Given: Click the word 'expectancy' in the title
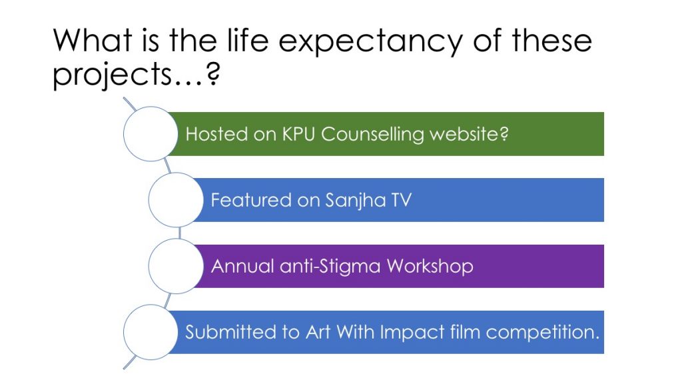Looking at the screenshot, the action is [x=370, y=42].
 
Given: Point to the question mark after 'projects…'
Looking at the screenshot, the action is [x=213, y=74].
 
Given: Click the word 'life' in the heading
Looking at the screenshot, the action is [x=248, y=39].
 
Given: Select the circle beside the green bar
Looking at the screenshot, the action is [x=151, y=133].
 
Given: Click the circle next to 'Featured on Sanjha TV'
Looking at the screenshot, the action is [x=176, y=200].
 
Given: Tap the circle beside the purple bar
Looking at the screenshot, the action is [x=176, y=266].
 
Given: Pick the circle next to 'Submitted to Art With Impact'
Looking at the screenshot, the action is [x=151, y=332].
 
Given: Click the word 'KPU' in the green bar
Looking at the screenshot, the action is [x=298, y=134].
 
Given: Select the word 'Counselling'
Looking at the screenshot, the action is [x=372, y=135].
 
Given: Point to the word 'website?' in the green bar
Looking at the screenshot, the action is [x=470, y=134].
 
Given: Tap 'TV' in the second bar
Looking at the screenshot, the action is [x=402, y=200].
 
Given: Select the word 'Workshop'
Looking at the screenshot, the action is [x=430, y=267].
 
